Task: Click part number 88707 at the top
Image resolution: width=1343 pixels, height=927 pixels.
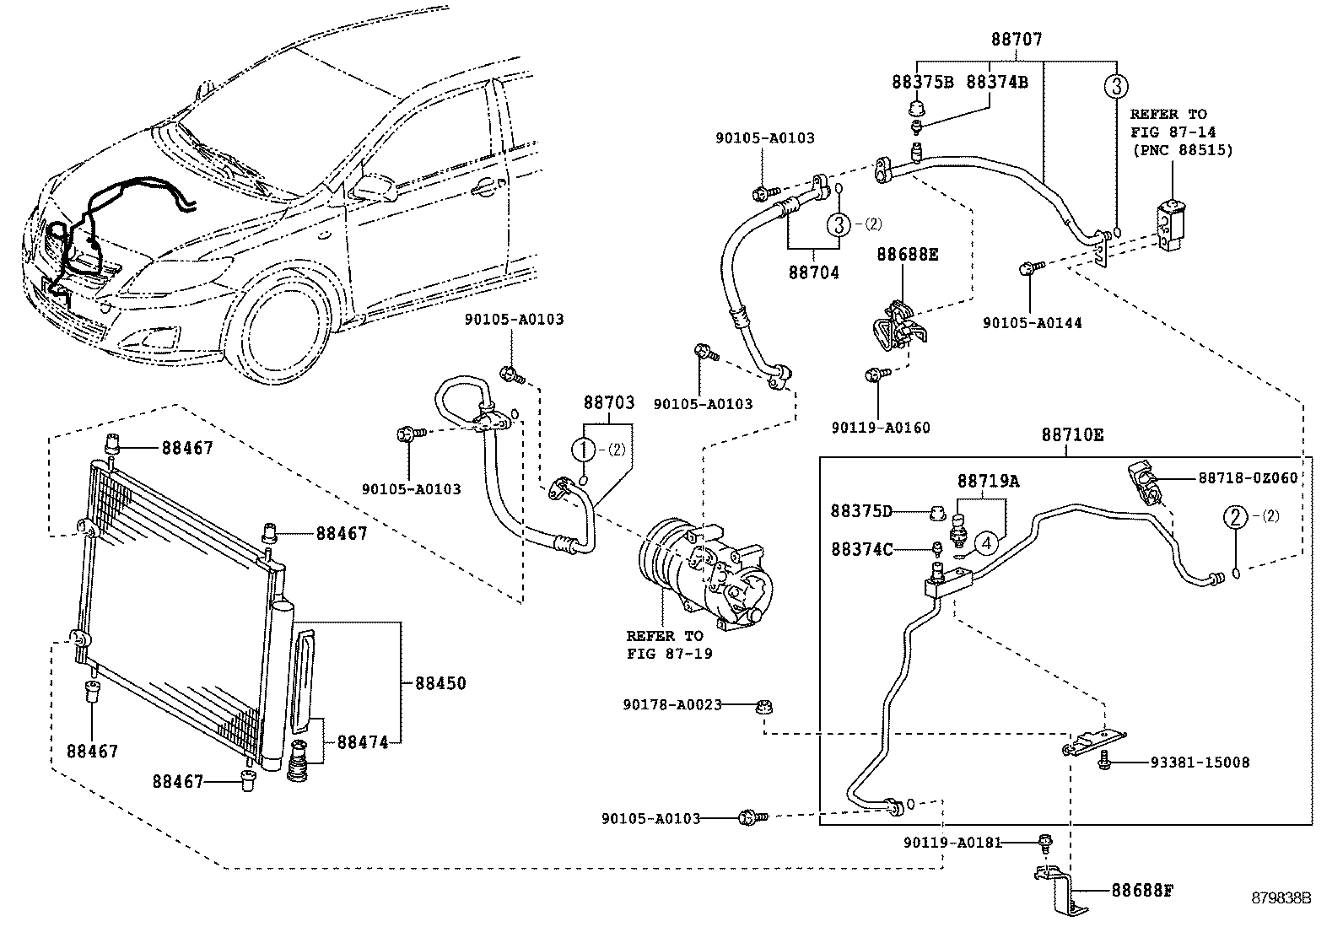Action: pos(1017,40)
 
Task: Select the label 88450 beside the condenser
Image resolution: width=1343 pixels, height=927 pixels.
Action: pos(440,683)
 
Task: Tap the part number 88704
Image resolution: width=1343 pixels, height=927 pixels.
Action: pos(813,272)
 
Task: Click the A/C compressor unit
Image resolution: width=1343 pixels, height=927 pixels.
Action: pos(705,576)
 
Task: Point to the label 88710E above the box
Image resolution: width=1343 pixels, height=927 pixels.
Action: pos(1072,434)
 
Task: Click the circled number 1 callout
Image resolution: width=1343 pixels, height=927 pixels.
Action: pos(584,449)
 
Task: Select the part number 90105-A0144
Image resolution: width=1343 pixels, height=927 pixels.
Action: pos(1032,323)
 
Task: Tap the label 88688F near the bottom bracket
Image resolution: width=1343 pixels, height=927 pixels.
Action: pos(1141,891)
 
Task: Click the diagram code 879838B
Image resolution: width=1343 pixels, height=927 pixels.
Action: pos(1281,898)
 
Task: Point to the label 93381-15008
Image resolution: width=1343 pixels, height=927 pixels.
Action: pos(1200,763)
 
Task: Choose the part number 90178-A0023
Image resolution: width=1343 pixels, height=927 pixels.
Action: pos(671,705)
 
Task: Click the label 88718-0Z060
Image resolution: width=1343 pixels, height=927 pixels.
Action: pos(1248,478)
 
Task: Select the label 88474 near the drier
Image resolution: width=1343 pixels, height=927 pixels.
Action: pos(363,742)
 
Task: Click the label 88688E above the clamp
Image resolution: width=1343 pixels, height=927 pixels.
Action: pos(907,255)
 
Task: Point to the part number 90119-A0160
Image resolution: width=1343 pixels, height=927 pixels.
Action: pos(880,428)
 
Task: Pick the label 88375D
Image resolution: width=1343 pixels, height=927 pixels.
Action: pos(861,511)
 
